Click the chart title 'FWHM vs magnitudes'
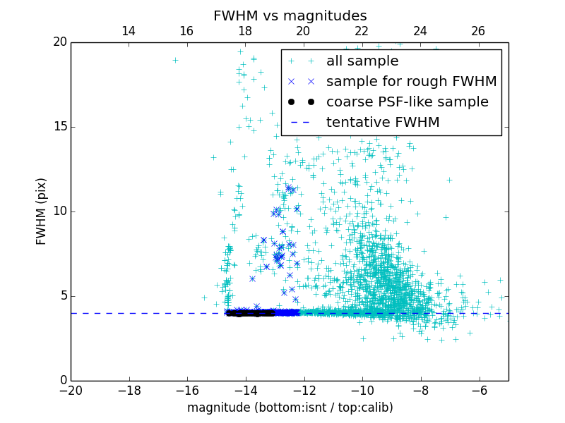click(x=290, y=16)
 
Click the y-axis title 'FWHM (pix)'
click(x=42, y=211)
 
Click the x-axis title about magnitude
click(x=290, y=407)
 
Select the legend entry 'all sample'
click(x=362, y=61)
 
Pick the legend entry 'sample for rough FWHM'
click(x=411, y=81)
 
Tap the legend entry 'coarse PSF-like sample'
click(x=407, y=102)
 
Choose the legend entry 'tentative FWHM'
click(x=383, y=122)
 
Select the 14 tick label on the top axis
click(x=129, y=31)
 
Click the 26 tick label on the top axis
click(x=478, y=31)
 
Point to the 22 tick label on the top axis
click(x=362, y=31)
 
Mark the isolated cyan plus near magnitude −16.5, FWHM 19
click(x=175, y=60)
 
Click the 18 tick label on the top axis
click(x=245, y=31)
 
